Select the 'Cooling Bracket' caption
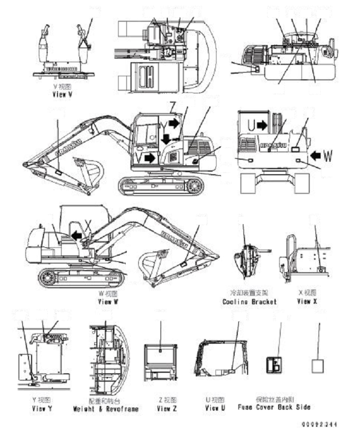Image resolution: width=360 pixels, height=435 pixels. [x=249, y=301]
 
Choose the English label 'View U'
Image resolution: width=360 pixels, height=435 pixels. [x=214, y=409]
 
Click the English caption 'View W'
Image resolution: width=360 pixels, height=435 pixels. [x=108, y=301]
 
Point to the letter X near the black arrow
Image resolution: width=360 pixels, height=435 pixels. [x=89, y=226]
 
